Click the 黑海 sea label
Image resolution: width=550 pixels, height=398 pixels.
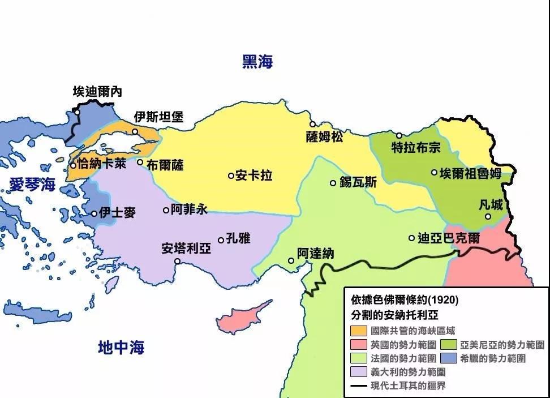[257, 62]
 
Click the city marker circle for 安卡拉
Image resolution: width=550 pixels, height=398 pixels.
[231, 176]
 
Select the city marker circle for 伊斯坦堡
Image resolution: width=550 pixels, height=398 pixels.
[135, 132]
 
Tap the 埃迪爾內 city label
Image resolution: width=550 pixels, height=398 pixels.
[97, 91]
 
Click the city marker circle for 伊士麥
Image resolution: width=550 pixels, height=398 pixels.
[94, 213]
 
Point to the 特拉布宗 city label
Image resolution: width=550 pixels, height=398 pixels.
[416, 148]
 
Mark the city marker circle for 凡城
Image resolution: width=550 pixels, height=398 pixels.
[488, 216]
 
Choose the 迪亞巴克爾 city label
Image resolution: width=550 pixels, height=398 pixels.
[449, 238]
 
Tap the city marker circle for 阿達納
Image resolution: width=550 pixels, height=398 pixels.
[291, 261]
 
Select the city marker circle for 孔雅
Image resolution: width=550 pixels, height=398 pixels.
[221, 240]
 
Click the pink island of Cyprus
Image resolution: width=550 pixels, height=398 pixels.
[236, 320]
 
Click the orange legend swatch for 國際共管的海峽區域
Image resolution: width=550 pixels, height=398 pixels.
[359, 331]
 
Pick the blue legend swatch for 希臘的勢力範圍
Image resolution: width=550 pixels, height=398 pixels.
[450, 358]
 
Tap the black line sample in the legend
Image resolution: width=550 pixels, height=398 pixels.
[359, 386]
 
